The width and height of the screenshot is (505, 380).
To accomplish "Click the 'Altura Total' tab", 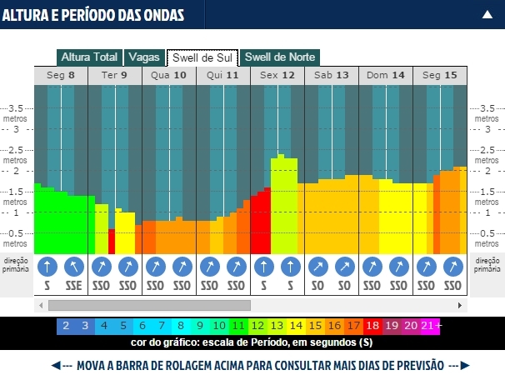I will click(88, 57).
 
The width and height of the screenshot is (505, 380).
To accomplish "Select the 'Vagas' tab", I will click(143, 57).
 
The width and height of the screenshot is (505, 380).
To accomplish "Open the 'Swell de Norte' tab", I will click(282, 57).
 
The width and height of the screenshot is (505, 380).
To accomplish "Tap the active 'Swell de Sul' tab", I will click(202, 57).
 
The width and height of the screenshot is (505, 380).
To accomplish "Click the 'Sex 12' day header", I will click(277, 75).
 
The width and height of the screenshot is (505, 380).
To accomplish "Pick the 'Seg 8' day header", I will click(61, 75).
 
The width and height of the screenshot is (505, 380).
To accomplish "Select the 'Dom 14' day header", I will click(386, 75).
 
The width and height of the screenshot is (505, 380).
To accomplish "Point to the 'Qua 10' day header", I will click(169, 75).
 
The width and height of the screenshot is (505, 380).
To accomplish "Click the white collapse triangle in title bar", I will click(487, 14).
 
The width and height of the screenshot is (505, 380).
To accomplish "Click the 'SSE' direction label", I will click(74, 285).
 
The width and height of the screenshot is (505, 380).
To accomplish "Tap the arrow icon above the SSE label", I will click(74, 267).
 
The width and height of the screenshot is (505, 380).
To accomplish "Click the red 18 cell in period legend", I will click(372, 326).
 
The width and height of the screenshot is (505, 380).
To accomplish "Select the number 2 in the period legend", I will click(66, 326).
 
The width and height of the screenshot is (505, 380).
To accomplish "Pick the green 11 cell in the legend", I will click(238, 326).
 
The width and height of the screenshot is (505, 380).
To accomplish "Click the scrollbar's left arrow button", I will click(41, 305).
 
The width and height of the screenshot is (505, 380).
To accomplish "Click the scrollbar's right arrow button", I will click(461, 305).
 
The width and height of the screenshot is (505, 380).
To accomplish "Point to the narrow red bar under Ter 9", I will click(112, 241).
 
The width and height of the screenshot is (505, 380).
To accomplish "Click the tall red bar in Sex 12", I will click(261, 223).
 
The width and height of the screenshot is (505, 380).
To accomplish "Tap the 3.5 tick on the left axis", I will click(16, 108).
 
